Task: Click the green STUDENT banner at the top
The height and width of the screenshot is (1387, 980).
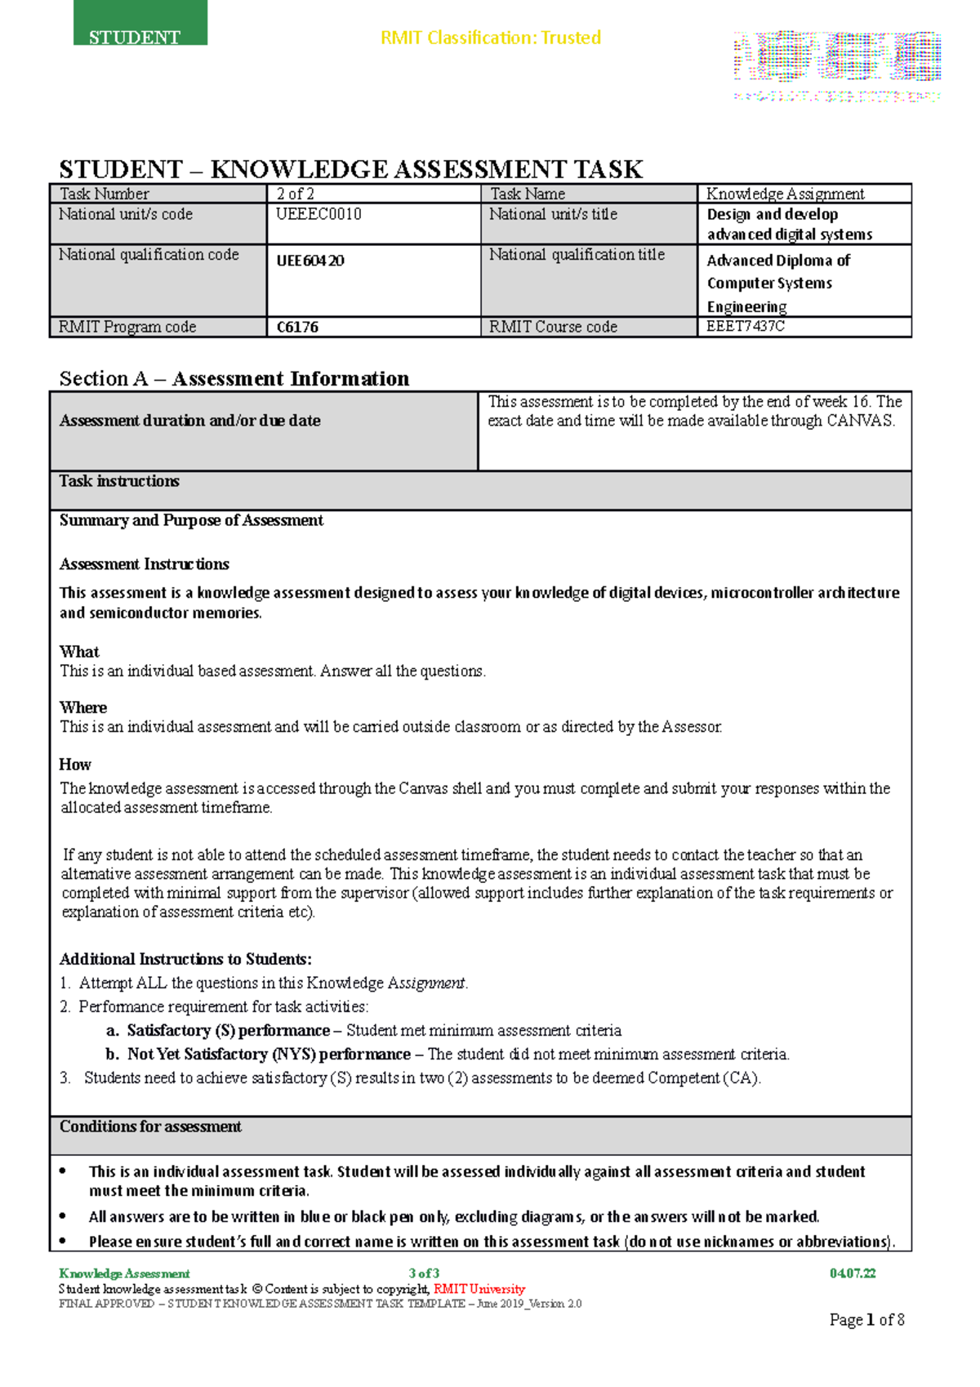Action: [x=140, y=25]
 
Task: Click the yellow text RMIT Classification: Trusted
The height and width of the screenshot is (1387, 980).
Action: [x=491, y=38]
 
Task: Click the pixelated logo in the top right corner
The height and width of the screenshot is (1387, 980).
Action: [x=837, y=65]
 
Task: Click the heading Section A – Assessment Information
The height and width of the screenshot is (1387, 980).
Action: [x=234, y=378]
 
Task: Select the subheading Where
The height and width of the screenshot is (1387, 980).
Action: [x=83, y=707]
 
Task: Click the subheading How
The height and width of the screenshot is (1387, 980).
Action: [x=75, y=765]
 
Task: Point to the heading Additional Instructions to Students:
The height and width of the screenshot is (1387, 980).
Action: [x=185, y=959]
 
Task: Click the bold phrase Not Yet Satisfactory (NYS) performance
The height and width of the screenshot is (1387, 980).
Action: [x=269, y=1054]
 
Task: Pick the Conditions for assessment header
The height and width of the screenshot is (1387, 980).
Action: [x=150, y=1126]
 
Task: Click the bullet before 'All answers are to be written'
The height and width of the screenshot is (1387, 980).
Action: [x=64, y=1216]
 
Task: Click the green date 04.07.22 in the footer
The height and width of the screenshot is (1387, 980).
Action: [x=852, y=1273]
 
